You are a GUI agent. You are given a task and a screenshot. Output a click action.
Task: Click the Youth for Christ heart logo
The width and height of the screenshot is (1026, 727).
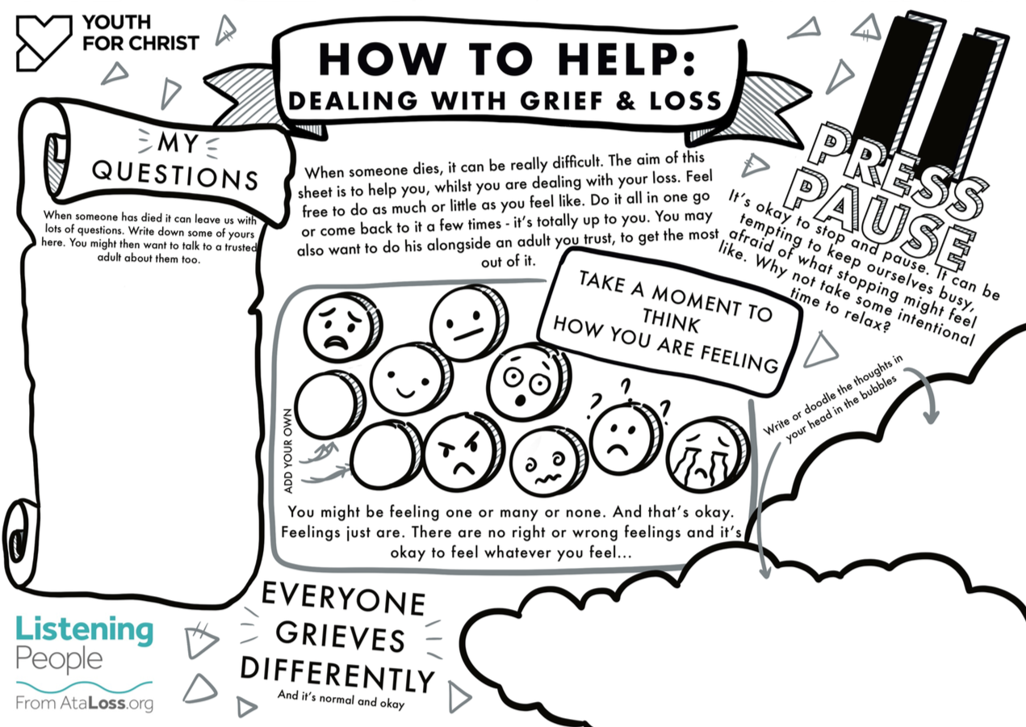pyautogui.click(x=44, y=44)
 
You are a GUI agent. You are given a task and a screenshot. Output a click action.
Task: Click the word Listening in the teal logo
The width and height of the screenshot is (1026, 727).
pyautogui.click(x=85, y=629)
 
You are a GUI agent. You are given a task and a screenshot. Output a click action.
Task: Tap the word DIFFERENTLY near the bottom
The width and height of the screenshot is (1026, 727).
pyautogui.click(x=337, y=674)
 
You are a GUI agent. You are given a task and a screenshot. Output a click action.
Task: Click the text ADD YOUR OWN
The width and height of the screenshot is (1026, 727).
pyautogui.click(x=288, y=451)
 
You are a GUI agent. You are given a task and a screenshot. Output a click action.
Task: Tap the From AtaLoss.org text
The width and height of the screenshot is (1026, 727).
pyautogui.click(x=85, y=703)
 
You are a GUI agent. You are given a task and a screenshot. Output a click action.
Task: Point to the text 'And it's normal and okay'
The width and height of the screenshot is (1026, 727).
pyautogui.click(x=341, y=700)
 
